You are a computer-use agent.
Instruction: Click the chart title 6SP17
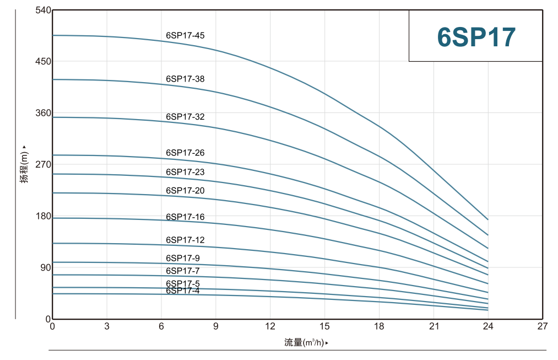(476, 37)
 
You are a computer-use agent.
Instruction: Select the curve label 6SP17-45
(185, 36)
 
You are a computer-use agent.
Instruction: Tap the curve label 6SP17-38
(185, 79)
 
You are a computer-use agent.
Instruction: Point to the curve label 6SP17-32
(185, 117)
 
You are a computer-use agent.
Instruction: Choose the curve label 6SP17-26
(185, 153)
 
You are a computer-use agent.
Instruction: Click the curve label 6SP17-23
(185, 172)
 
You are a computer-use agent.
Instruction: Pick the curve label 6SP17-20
(185, 191)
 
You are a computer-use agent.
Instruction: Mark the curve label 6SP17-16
(185, 217)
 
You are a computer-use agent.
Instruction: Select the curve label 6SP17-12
(185, 240)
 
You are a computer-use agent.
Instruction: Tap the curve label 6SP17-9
(183, 259)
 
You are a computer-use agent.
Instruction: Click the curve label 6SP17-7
(183, 271)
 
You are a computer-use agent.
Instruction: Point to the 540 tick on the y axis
(42, 10)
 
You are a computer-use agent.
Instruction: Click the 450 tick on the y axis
(42, 61)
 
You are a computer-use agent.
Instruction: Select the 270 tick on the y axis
(42, 164)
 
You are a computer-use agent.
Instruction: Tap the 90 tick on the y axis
(45, 267)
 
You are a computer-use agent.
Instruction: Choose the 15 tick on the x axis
(324, 326)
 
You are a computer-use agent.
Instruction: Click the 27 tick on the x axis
(543, 326)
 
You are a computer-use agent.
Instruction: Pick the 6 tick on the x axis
(161, 326)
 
